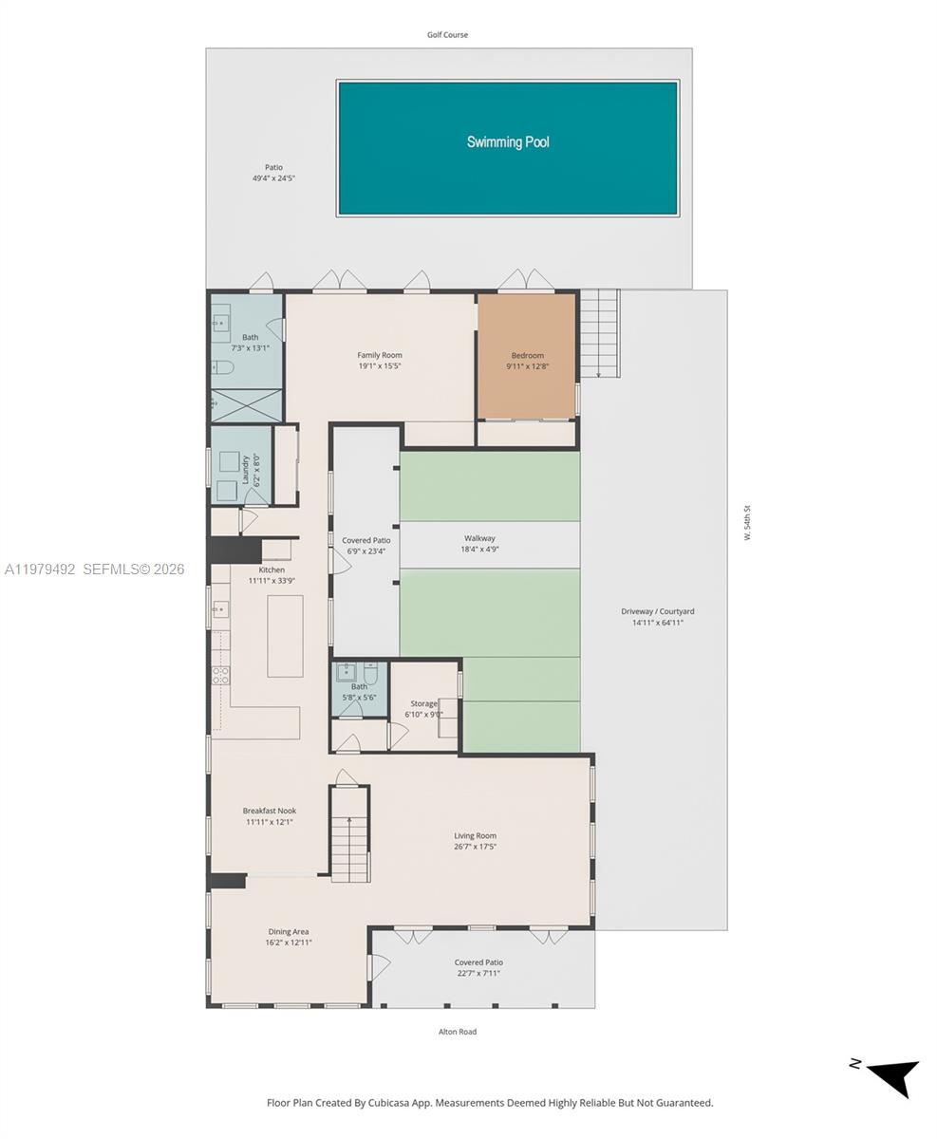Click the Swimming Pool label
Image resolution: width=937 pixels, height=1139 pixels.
coord(508,142)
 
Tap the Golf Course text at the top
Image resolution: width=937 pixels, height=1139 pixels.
coord(447,35)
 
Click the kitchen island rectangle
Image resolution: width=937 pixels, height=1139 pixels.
coord(285,636)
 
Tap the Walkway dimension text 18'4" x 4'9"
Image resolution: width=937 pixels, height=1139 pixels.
coord(479,550)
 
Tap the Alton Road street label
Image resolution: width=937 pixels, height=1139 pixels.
coord(458,1032)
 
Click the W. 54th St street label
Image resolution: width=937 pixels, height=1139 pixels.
coord(748,523)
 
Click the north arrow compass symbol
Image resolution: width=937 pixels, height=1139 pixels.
coord(892,1076)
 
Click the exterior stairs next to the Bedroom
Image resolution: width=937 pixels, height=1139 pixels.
coord(599,332)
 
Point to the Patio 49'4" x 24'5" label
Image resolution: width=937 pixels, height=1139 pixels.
coord(273,173)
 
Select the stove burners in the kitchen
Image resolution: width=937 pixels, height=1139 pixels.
coord(220,676)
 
